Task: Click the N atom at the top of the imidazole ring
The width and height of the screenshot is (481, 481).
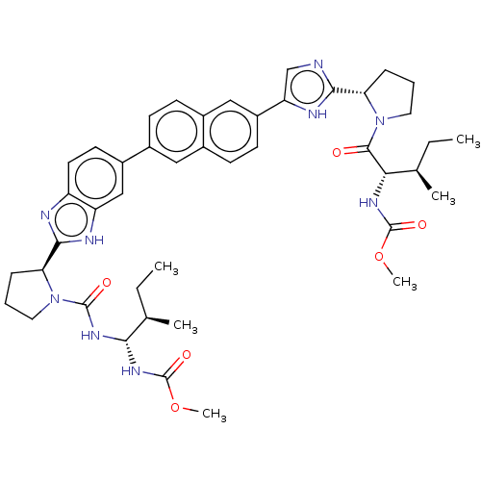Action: pos(318,64)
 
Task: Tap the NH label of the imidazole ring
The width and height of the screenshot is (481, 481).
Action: pos(317,114)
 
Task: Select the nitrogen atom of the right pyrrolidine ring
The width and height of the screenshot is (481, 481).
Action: pos(380,121)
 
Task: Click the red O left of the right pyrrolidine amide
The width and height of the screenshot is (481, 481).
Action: pos(337,152)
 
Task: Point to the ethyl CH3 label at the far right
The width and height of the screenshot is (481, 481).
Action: pos(468,139)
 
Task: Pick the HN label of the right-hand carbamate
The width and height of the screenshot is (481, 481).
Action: pos(368,203)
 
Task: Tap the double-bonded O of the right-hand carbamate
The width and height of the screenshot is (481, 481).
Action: pos(422,225)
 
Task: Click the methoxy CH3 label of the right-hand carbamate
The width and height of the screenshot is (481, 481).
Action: pos(405,282)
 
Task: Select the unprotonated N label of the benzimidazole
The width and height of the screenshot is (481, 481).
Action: pos(45,215)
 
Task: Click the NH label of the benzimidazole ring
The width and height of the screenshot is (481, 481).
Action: pos(94,240)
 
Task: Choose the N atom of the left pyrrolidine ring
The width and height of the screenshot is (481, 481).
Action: pos(55,299)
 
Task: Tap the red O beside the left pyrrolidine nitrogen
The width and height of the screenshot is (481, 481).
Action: pos(106,283)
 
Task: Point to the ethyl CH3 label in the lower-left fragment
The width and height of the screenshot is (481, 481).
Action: pos(166,267)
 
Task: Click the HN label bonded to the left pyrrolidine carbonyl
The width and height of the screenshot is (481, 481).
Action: pos(90,336)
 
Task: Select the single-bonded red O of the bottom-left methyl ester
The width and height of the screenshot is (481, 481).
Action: pos(175,407)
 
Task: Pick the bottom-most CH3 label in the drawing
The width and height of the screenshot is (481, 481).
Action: pos(215,414)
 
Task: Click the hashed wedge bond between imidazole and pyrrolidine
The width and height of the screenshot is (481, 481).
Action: pos(348,91)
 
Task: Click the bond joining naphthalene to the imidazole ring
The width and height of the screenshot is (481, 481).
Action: pos(270,108)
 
